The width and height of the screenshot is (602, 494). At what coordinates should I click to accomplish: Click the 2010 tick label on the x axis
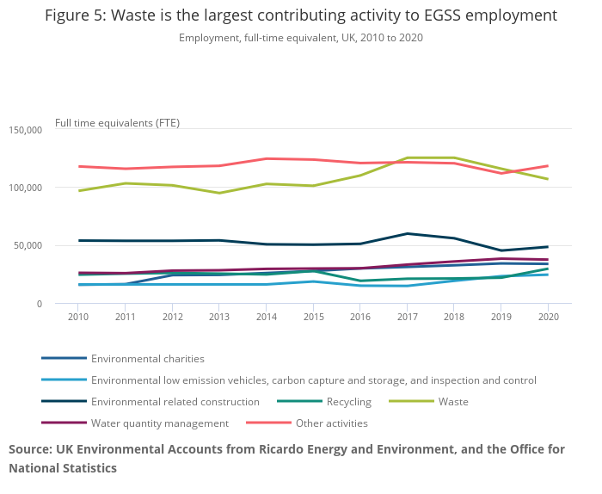coord(79,316)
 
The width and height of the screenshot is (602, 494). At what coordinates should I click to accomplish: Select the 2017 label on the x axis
coord(407,316)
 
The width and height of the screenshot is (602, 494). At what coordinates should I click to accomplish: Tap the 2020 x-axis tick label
coord(548,316)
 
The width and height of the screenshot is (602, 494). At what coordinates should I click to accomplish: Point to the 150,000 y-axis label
coord(25,130)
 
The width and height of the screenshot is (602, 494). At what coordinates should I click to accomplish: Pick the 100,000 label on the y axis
coord(25,188)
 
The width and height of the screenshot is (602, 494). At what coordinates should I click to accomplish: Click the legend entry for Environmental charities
coord(147,359)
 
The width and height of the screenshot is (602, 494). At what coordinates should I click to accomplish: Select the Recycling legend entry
coord(348,402)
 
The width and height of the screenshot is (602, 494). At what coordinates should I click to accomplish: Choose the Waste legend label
coord(453,402)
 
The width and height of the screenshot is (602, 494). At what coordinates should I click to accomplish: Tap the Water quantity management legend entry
coord(159,423)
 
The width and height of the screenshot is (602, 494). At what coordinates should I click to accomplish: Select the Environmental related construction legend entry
coord(175,402)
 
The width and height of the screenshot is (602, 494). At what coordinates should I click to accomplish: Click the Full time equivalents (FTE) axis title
coord(117,122)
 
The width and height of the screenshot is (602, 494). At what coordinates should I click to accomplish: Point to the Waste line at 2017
coord(407,158)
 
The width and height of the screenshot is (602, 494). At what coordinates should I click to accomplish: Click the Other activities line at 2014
coord(267,158)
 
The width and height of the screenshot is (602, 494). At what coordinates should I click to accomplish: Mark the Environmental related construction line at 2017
coord(407,233)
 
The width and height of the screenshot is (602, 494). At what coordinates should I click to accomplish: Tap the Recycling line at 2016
coord(360,281)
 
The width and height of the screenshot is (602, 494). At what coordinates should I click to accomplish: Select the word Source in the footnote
coord(29,449)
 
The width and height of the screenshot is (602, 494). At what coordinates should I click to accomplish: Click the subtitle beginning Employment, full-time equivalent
coord(301,38)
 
